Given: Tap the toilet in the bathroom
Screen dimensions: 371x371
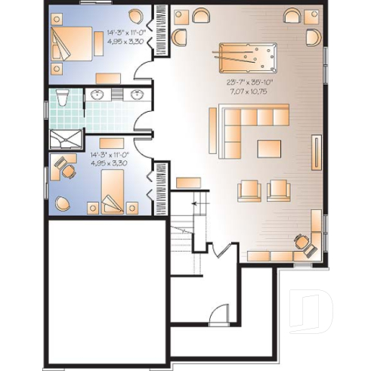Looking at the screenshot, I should click(x=63, y=96).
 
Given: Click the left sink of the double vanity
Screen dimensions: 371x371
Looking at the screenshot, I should click(x=98, y=94).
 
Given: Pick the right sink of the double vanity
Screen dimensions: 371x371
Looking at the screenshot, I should click(x=137, y=94).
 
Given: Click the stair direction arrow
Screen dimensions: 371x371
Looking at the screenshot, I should click(x=198, y=204).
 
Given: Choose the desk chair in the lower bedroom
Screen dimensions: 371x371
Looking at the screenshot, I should click(x=69, y=172).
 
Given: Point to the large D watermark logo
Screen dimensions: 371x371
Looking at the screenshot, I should click(x=312, y=310).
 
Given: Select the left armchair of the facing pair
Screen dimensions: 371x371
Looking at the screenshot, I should click(x=248, y=190).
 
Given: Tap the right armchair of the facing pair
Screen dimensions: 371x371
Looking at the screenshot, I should click(x=277, y=190).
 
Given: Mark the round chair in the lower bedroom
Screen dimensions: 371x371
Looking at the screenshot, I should click(x=61, y=203).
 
